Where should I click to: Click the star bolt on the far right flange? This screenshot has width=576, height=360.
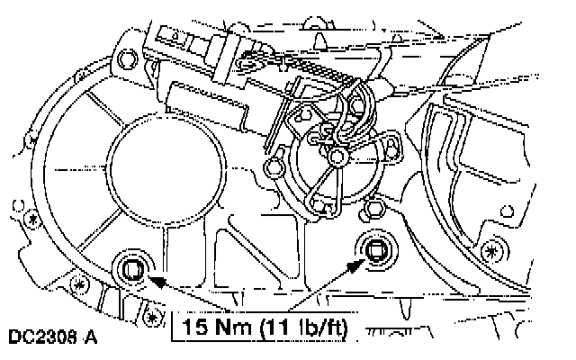pos(491,249)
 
